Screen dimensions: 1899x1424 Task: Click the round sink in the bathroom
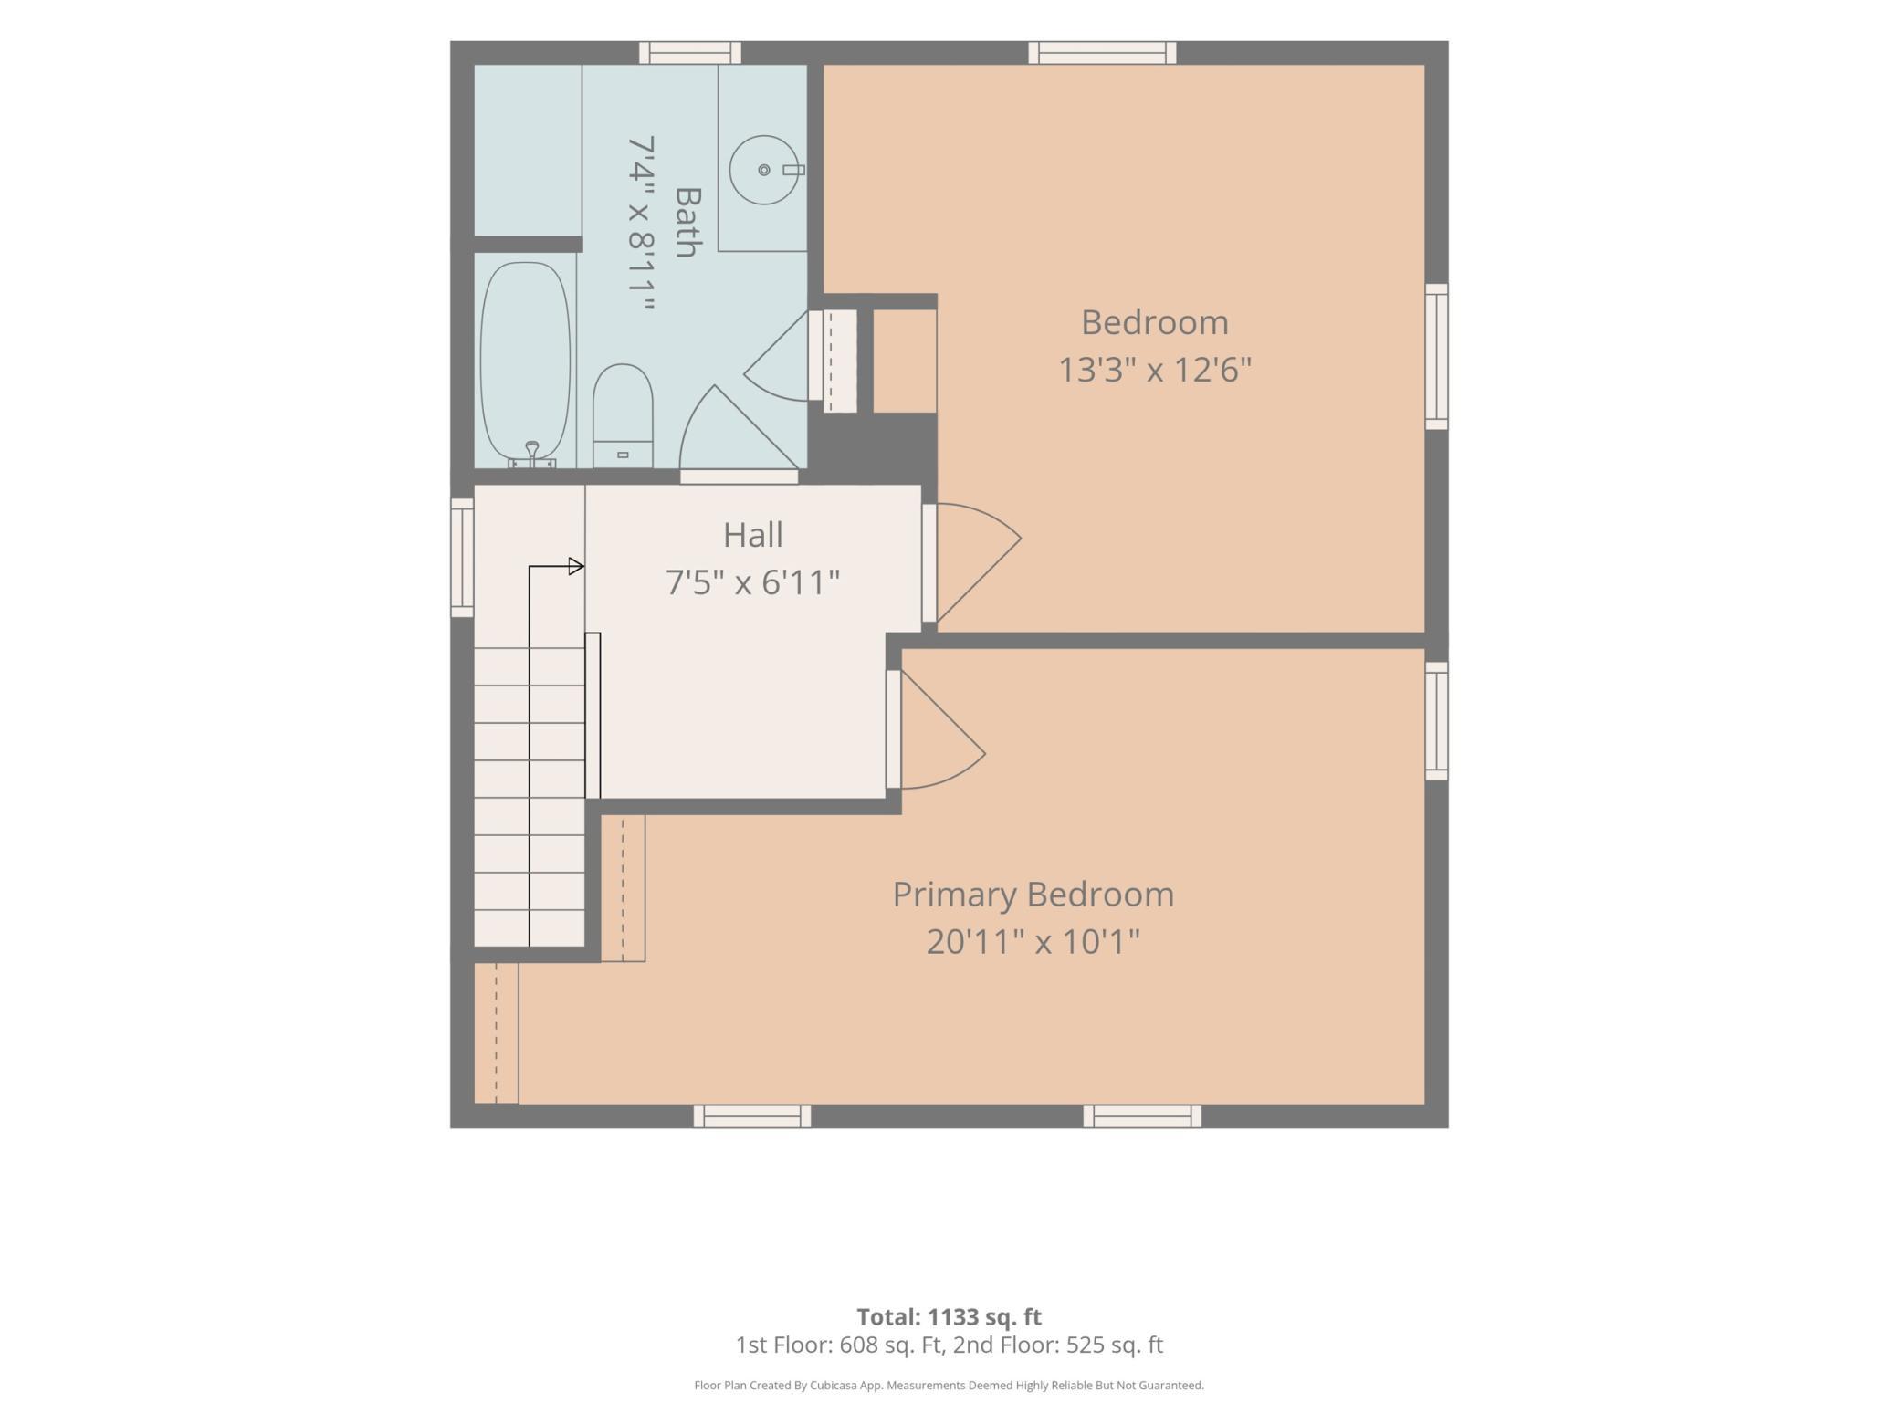pyautogui.click(x=764, y=170)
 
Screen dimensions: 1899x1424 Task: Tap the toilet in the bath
pyautogui.click(x=623, y=416)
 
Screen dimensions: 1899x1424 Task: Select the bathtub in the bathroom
pyautogui.click(x=525, y=364)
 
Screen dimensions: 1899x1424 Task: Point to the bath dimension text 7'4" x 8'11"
pyautogui.click(x=642, y=225)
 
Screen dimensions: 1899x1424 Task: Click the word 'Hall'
pyautogui.click(x=753, y=535)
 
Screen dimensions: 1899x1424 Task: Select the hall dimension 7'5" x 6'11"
pyautogui.click(x=752, y=582)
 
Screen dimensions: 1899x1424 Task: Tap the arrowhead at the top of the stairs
pyautogui.click(x=576, y=567)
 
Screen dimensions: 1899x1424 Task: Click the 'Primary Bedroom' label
pyautogui.click(x=1033, y=895)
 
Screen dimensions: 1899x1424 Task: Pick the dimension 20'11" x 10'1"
pyautogui.click(x=1033, y=941)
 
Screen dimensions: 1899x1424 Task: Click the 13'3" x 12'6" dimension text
pyautogui.click(x=1155, y=370)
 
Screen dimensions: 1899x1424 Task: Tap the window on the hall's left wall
pyautogui.click(x=462, y=557)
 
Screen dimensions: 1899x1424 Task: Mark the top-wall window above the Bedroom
pyautogui.click(x=1102, y=53)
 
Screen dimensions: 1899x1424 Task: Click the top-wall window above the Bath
pyautogui.click(x=689, y=53)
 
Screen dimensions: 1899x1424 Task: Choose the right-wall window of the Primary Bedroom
pyautogui.click(x=1437, y=721)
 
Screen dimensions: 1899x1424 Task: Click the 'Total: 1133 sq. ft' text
pyautogui.click(x=949, y=1317)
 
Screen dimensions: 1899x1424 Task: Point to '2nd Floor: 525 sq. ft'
pyautogui.click(x=1058, y=1345)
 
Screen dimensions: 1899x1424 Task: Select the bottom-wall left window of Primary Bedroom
pyautogui.click(x=752, y=1116)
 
